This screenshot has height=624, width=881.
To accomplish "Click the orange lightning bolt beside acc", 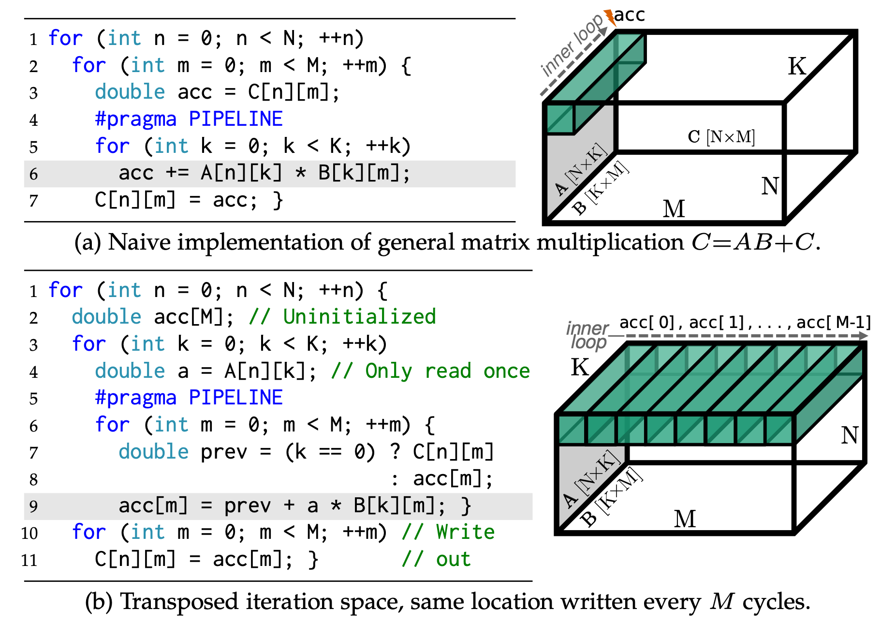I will [610, 17].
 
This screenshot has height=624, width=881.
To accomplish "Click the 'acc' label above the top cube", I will [630, 15].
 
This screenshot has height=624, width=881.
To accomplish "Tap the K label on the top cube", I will [797, 66].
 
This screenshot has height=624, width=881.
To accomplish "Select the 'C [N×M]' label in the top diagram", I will [721, 137].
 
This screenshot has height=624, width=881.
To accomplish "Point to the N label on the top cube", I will [770, 186].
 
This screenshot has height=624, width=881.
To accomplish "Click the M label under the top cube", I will [674, 209].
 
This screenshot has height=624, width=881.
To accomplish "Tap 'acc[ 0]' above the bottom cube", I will [646, 322].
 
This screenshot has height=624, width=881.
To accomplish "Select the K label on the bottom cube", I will [580, 367].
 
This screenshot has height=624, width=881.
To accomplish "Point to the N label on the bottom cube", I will [850, 435].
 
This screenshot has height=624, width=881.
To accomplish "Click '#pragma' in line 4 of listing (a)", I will [135, 119].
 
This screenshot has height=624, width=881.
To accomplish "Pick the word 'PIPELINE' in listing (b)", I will [235, 398].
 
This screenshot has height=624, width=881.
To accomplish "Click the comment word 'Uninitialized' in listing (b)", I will [359, 317].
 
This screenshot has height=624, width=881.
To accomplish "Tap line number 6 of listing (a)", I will [33, 174].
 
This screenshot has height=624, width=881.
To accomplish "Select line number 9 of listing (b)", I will [33, 506].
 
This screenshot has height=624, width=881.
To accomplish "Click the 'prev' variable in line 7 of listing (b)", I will [224, 452].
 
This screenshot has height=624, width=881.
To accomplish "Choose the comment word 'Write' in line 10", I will [465, 532].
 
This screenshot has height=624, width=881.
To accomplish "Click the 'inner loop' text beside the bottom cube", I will [588, 335].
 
